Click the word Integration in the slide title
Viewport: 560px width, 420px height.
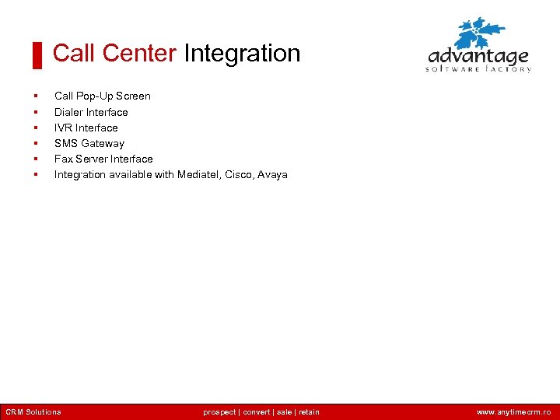(x=242, y=54)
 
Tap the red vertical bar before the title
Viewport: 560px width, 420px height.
(x=37, y=55)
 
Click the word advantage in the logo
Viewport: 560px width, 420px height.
(x=478, y=58)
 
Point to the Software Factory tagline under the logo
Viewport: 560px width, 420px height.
(x=478, y=69)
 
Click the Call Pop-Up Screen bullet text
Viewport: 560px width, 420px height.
(x=102, y=96)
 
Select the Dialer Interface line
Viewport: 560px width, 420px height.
(x=91, y=112)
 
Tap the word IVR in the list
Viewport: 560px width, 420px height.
(x=63, y=128)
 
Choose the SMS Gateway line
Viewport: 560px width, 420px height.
(x=89, y=143)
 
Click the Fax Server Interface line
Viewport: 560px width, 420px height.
(x=103, y=159)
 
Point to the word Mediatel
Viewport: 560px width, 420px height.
(x=198, y=174)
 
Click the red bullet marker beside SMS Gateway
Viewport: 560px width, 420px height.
(x=36, y=143)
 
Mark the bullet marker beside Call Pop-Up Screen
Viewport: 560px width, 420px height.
(x=36, y=96)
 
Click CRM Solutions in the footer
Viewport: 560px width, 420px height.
(x=33, y=412)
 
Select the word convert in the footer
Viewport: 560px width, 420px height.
(x=256, y=412)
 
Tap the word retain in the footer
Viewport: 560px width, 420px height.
(x=309, y=412)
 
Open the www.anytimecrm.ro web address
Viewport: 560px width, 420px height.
(x=513, y=412)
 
